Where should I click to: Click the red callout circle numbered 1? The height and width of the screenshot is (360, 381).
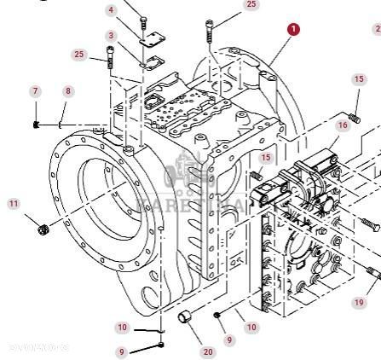293,30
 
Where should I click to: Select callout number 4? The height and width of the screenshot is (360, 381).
111,10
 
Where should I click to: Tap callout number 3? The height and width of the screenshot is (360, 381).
111,35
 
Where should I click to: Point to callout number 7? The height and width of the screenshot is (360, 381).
35,91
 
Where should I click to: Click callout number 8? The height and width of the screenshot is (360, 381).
68,91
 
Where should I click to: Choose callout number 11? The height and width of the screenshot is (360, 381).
13,204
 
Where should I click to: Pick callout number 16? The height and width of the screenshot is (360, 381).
342,125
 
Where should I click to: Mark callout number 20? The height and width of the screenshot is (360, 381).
209,351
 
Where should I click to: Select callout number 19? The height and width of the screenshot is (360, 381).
359,302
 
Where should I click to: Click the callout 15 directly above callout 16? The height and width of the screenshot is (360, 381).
358,79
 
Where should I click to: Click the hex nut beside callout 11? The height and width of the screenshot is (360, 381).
43,227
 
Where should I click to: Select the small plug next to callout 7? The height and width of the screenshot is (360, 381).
37,125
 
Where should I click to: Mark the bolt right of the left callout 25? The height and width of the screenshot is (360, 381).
110,59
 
